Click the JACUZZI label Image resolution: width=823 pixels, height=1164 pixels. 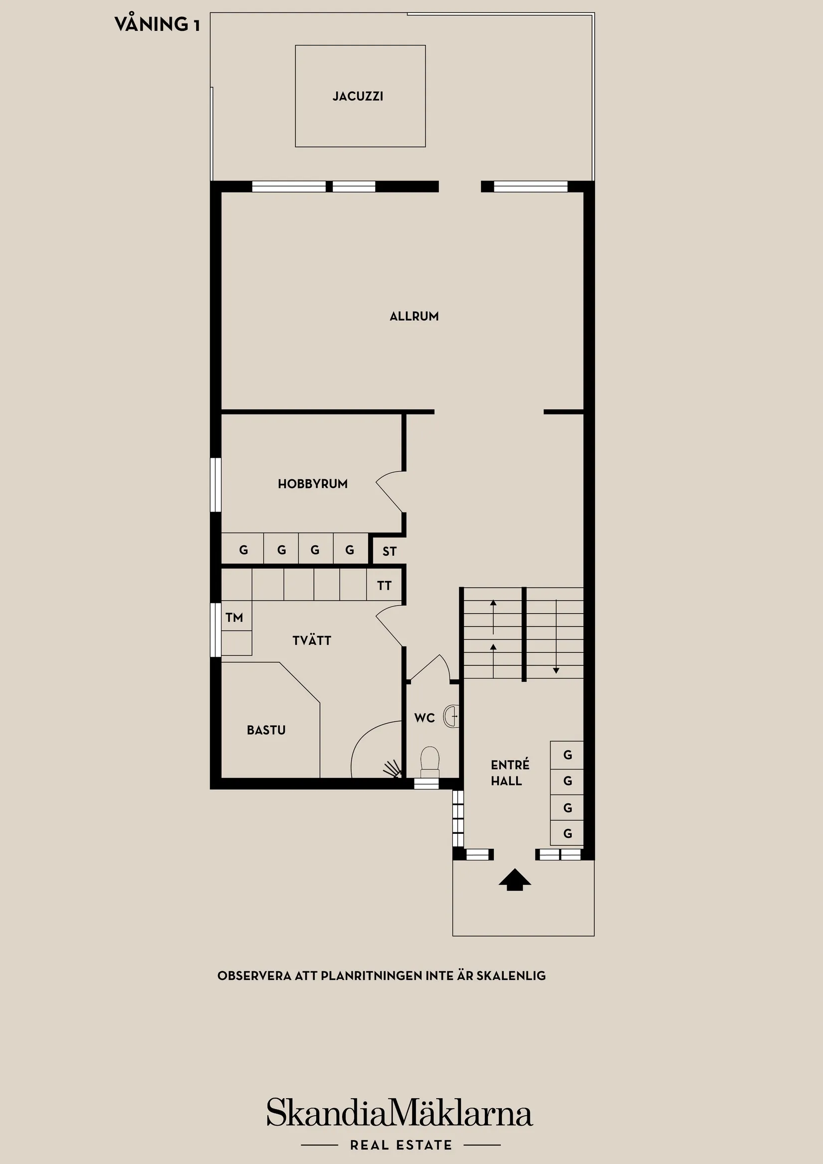coord(358,96)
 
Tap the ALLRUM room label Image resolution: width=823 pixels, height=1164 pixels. coord(414,316)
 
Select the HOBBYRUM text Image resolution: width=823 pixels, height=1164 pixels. coord(312,484)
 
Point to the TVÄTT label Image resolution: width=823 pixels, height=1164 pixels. coord(311,641)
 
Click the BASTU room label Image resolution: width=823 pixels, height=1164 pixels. coord(266,730)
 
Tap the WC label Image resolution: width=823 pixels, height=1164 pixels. coord(424,718)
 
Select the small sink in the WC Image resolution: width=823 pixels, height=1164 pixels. coord(451,716)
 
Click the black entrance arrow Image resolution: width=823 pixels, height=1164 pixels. coord(515,880)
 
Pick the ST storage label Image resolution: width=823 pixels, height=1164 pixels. coord(390,551)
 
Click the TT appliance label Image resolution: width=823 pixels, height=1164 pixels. coord(385,586)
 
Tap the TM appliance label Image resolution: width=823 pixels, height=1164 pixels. coord(234,617)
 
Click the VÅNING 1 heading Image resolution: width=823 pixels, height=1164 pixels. coord(157,24)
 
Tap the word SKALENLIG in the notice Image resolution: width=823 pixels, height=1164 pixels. coord(511,975)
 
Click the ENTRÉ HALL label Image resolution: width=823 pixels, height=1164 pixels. coord(509,773)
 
